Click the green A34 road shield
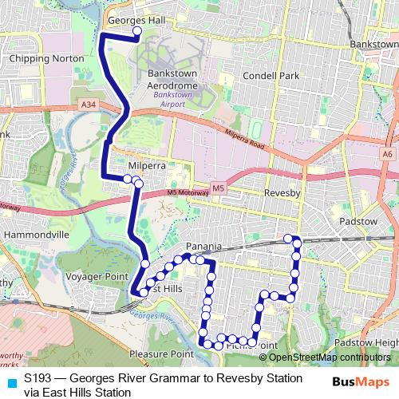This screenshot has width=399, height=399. (x=89, y=105)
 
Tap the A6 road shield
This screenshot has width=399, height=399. (x=388, y=153)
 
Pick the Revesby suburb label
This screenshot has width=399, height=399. (x=281, y=193)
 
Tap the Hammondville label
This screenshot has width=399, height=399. (x=38, y=236)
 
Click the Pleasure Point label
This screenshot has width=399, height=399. (x=160, y=353)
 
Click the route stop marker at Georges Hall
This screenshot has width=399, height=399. (x=136, y=32)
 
